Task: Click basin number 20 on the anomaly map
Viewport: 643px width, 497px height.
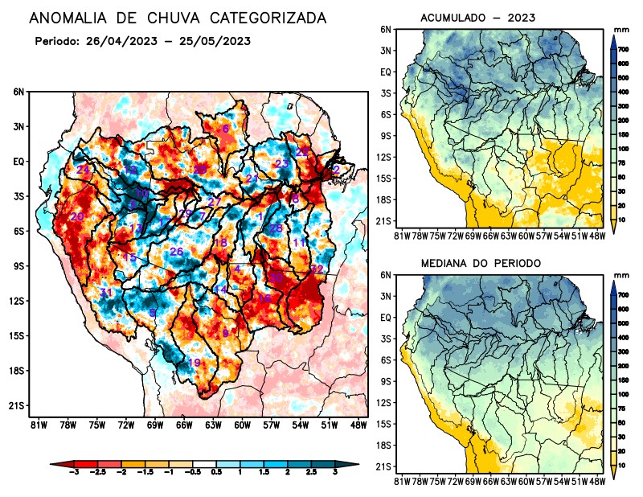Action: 77,217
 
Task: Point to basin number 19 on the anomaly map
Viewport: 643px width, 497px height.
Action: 194,364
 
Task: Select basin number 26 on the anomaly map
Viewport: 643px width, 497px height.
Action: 176,253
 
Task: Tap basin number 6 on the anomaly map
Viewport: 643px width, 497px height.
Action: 226,129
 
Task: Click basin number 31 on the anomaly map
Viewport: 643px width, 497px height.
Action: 106,293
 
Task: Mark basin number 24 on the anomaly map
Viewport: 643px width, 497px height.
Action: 82,170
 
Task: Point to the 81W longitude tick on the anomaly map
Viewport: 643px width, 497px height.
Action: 37,425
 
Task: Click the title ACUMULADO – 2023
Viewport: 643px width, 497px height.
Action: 466,17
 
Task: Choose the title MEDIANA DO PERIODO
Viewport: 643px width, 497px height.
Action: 481,263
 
